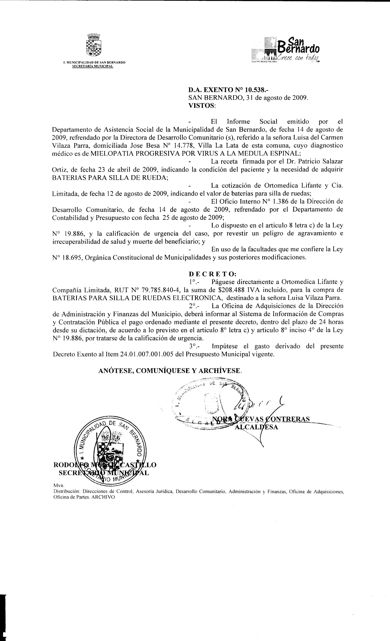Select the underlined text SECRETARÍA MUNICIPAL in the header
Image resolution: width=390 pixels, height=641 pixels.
(x=92, y=66)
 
